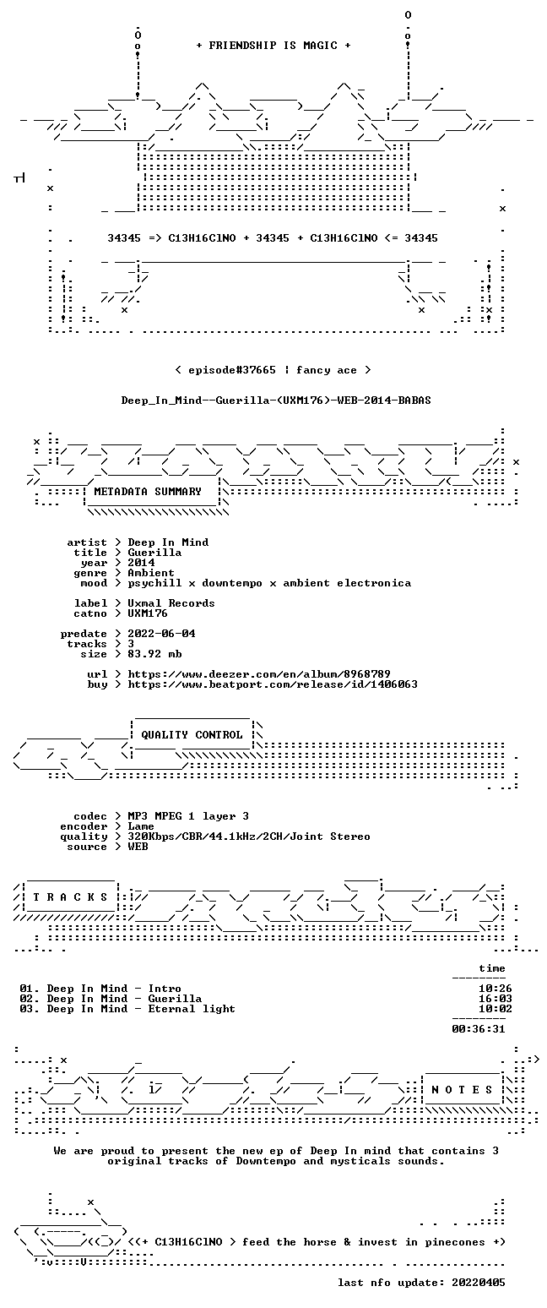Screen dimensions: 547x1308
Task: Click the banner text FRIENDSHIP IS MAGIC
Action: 273,45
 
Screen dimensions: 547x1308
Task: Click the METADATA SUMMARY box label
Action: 148,492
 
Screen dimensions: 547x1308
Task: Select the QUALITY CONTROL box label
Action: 192,734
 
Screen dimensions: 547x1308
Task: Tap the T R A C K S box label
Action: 71,897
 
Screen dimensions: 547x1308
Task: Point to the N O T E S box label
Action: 462,1090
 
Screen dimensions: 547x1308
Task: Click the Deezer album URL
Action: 259,674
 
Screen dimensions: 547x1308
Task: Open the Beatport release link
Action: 273,684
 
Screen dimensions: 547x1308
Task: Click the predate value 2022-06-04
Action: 161,634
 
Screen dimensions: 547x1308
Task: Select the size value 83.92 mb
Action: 154,654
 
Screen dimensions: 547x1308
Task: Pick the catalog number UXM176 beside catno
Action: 148,613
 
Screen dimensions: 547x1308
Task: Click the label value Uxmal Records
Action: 171,603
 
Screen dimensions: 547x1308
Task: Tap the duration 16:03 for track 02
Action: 496,999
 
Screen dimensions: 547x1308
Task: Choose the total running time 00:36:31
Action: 478,1029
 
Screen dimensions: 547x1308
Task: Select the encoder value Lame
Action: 141,826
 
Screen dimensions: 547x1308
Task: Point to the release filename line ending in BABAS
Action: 276,400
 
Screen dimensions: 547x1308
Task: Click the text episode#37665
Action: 232,369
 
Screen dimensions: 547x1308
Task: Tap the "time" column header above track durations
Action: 491,968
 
